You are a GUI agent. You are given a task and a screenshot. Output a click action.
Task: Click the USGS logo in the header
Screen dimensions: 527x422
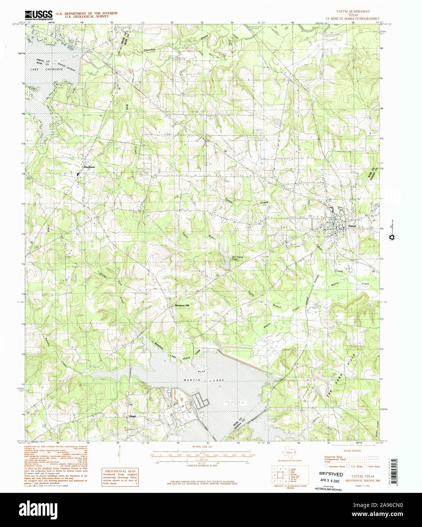pos(38,15)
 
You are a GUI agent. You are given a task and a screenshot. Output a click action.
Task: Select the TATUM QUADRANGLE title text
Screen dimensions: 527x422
pos(353,11)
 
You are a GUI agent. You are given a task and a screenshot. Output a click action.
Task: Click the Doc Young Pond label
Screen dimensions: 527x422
pos(238,258)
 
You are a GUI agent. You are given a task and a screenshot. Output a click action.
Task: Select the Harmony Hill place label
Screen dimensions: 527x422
pos(181,305)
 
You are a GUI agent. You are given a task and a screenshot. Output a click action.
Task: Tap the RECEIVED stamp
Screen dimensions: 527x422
pos(331,474)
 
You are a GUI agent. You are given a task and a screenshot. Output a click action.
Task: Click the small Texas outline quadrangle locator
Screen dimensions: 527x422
pos(289,453)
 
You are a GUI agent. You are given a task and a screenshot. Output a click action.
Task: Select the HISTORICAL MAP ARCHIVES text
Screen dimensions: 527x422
pos(328,490)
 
